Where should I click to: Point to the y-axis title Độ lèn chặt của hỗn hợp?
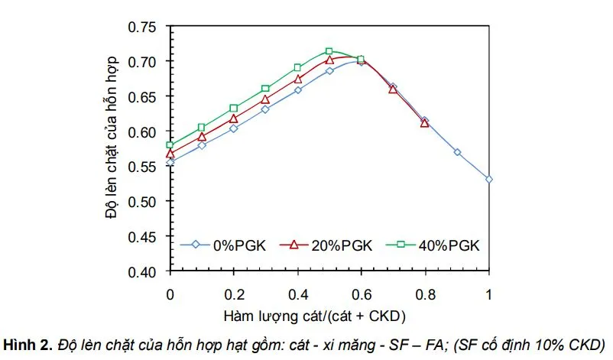click(112, 138)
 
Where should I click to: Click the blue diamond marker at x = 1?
click(489, 180)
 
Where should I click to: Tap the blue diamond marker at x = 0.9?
click(457, 152)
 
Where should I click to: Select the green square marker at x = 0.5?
click(329, 51)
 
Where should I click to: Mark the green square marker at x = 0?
click(170, 145)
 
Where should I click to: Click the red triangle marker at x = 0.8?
click(425, 123)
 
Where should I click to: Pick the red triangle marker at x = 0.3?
click(265, 99)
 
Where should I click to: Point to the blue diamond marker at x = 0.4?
click(297, 89)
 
